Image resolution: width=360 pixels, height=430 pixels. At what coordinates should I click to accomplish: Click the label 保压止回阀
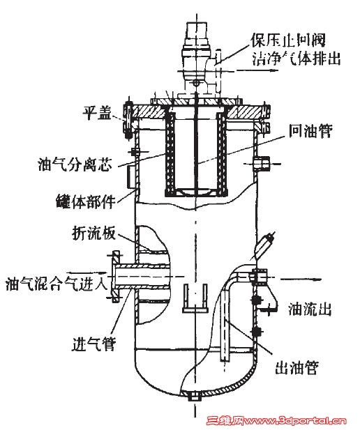pyautogui.click(x=287, y=40)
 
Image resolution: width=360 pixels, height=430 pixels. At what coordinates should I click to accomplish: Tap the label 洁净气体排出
pyautogui.click(x=297, y=58)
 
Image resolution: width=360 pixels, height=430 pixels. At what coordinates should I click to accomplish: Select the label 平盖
pyautogui.click(x=97, y=113)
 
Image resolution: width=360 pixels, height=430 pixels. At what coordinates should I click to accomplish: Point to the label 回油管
pyautogui.click(x=310, y=130)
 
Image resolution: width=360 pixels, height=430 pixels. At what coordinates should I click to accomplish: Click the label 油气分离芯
pyautogui.click(x=75, y=164)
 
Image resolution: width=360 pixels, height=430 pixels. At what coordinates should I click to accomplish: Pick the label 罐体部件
pyautogui.click(x=85, y=201)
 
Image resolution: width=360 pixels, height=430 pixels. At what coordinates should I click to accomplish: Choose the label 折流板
pyautogui.click(x=93, y=233)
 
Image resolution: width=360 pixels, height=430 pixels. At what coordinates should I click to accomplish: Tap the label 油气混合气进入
pyautogui.click(x=57, y=284)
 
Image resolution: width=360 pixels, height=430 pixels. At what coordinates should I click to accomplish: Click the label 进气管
pyautogui.click(x=93, y=344)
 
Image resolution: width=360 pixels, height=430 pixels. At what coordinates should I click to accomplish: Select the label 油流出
pyautogui.click(x=310, y=309)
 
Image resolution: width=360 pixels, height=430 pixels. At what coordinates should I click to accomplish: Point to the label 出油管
pyautogui.click(x=297, y=367)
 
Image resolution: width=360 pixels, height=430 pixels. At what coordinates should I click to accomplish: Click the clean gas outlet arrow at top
pyautogui.click(x=257, y=70)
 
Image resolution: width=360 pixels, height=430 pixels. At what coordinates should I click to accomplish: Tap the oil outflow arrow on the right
pyautogui.click(x=301, y=279)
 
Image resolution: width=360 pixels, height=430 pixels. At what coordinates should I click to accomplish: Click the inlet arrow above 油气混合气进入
pyautogui.click(x=87, y=272)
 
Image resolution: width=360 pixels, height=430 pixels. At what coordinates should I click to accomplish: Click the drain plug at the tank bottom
pyautogui.click(x=195, y=397)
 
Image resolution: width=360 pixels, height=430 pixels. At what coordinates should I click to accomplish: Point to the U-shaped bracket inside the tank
pyautogui.click(x=195, y=298)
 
